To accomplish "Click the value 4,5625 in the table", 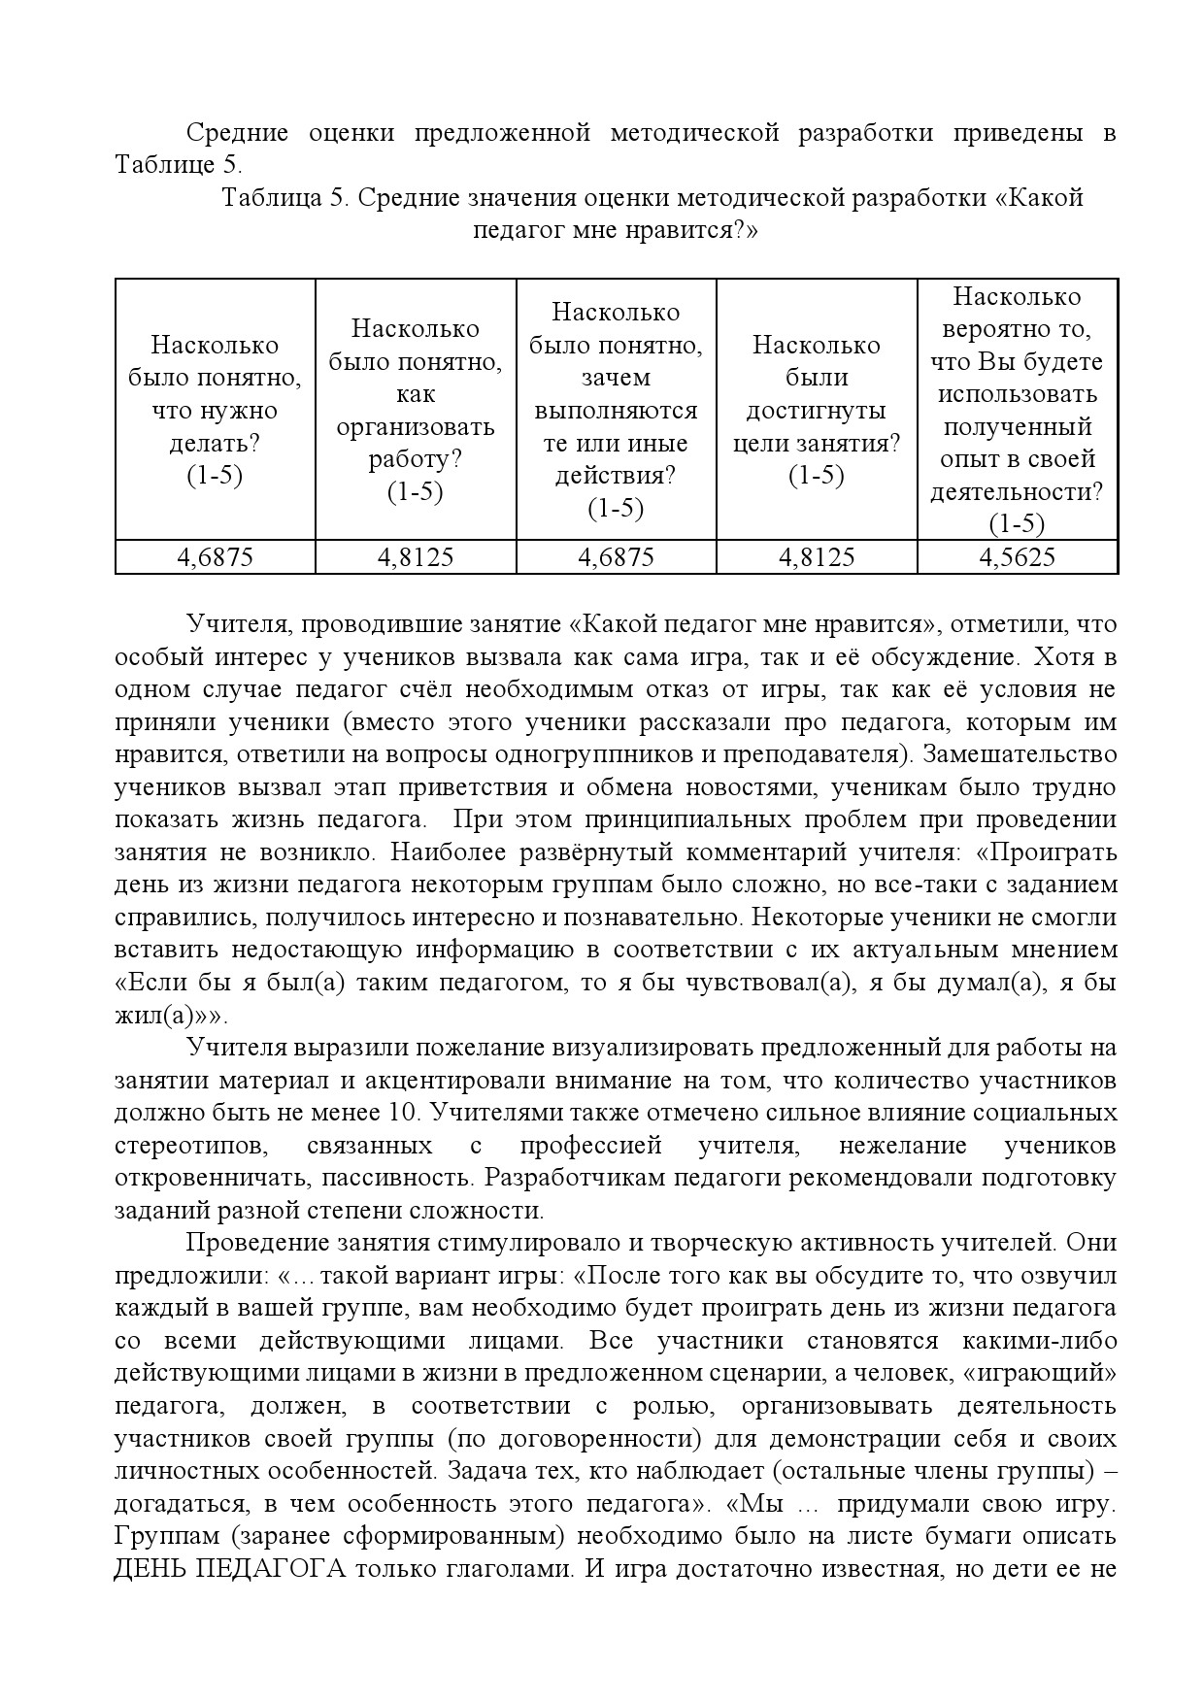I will coord(1017,557).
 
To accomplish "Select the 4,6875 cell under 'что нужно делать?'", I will coord(215,557).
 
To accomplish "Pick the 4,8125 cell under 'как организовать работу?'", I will coord(415,557).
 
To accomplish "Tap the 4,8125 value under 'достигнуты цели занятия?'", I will coord(816,557).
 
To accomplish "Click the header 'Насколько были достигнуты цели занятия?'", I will coord(816,411).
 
